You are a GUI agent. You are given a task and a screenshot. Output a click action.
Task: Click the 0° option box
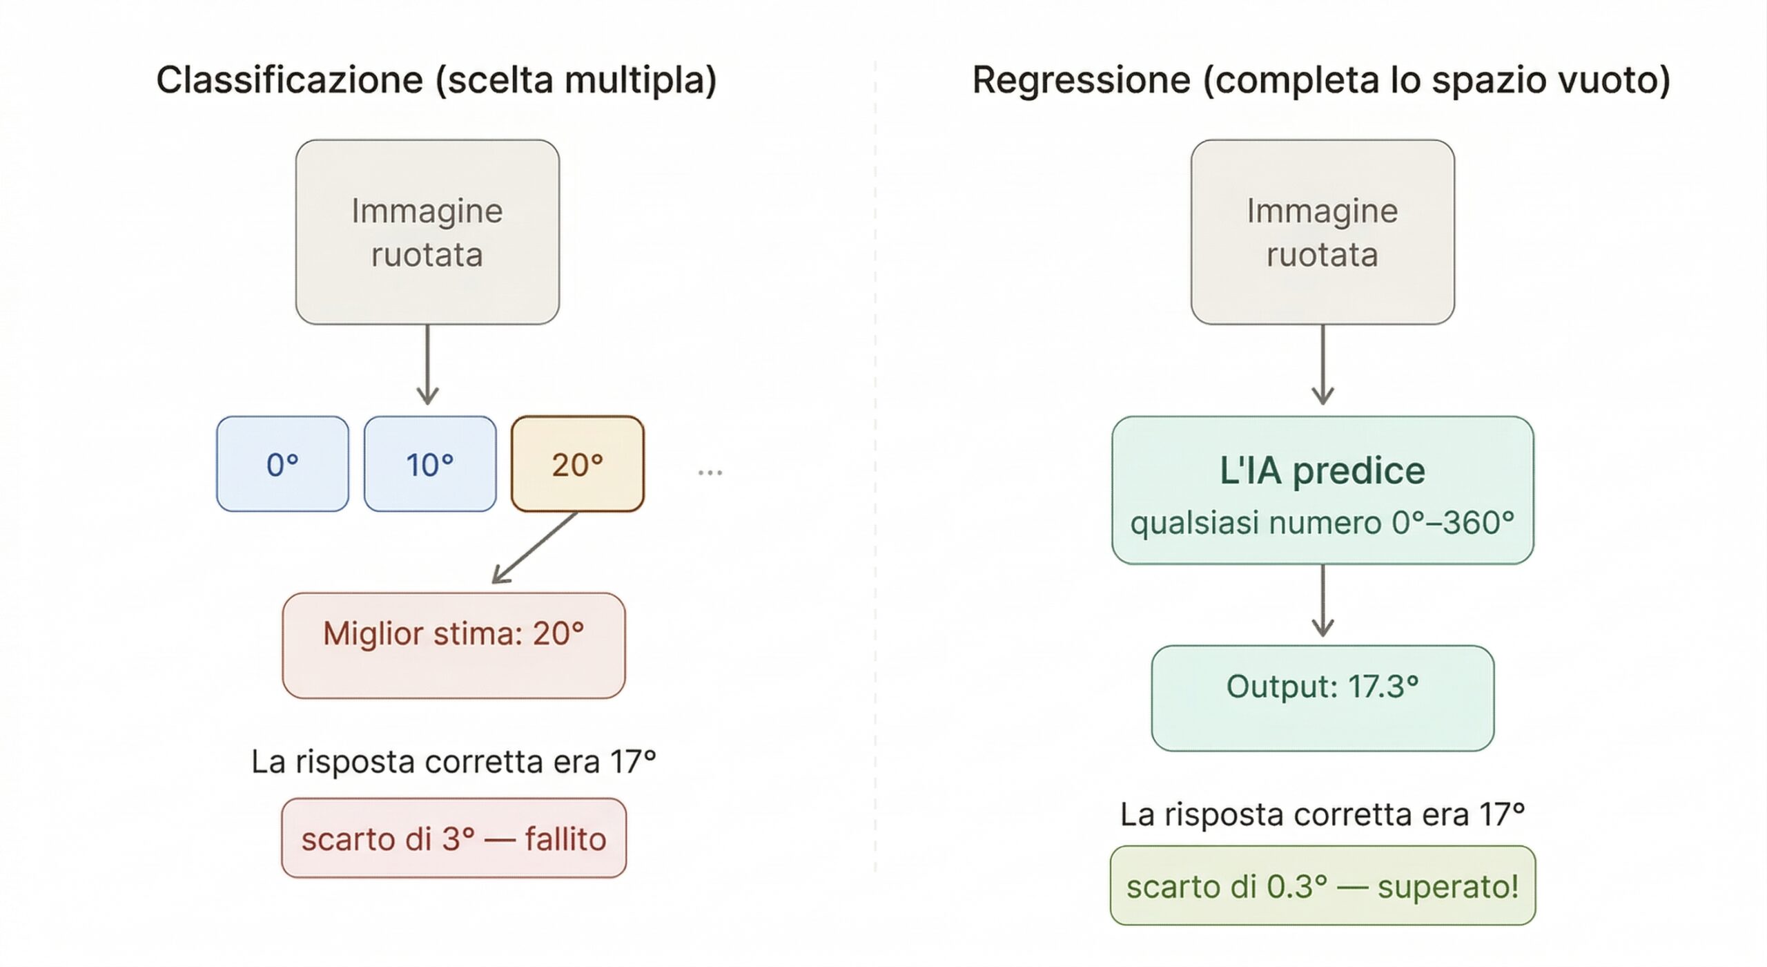[x=282, y=464]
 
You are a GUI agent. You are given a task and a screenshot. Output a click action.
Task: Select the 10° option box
[x=429, y=464]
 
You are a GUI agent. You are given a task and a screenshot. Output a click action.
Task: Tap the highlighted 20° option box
[x=577, y=464]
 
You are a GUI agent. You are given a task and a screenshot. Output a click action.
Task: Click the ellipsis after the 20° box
[x=710, y=472]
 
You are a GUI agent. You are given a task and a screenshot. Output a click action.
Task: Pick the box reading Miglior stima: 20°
[x=453, y=645]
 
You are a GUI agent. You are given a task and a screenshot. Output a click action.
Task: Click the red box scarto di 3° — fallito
[x=453, y=839]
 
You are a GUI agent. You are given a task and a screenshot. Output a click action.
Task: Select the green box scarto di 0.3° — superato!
[x=1322, y=885]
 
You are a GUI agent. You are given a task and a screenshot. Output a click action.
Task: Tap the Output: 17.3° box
[x=1322, y=698]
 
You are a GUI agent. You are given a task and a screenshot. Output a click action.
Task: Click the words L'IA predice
[x=1322, y=471]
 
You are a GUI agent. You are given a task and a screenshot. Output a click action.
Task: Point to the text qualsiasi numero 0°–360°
[x=1322, y=523]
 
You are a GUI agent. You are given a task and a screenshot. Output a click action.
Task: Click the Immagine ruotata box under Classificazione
[x=427, y=232]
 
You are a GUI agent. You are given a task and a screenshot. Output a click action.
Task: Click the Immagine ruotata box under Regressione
[x=1322, y=232]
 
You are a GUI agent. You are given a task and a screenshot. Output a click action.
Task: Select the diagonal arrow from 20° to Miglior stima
[x=535, y=548]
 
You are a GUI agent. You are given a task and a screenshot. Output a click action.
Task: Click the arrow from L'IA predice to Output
[x=1322, y=601]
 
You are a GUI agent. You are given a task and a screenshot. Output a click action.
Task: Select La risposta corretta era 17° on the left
[x=453, y=762]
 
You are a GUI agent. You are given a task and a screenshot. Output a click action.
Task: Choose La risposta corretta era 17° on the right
[x=1322, y=814]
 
